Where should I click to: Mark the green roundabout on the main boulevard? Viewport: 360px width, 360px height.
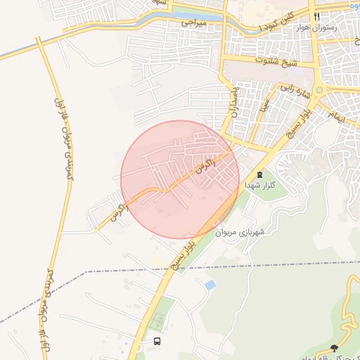[x=320, y=89]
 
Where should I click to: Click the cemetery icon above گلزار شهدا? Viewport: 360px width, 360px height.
[x=261, y=174]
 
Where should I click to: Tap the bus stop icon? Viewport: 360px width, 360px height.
[x=157, y=341]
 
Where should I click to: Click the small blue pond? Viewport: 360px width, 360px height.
[x=210, y=285]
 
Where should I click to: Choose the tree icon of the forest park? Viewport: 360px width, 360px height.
[x=333, y=348]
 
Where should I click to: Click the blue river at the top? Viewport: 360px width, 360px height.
[x=176, y=15]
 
